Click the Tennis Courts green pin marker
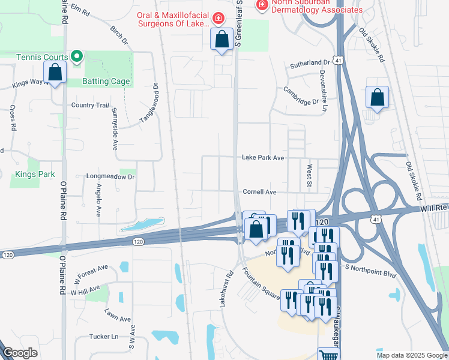point(77,57)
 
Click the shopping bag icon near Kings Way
point(55,73)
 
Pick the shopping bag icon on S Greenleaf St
point(222,40)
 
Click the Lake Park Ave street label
point(262,158)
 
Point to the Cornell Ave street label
point(259,192)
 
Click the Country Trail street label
point(90,105)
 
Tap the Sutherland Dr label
point(310,62)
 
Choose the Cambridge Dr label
point(301,95)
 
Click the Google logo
point(20,353)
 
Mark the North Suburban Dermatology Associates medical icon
point(262,5)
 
